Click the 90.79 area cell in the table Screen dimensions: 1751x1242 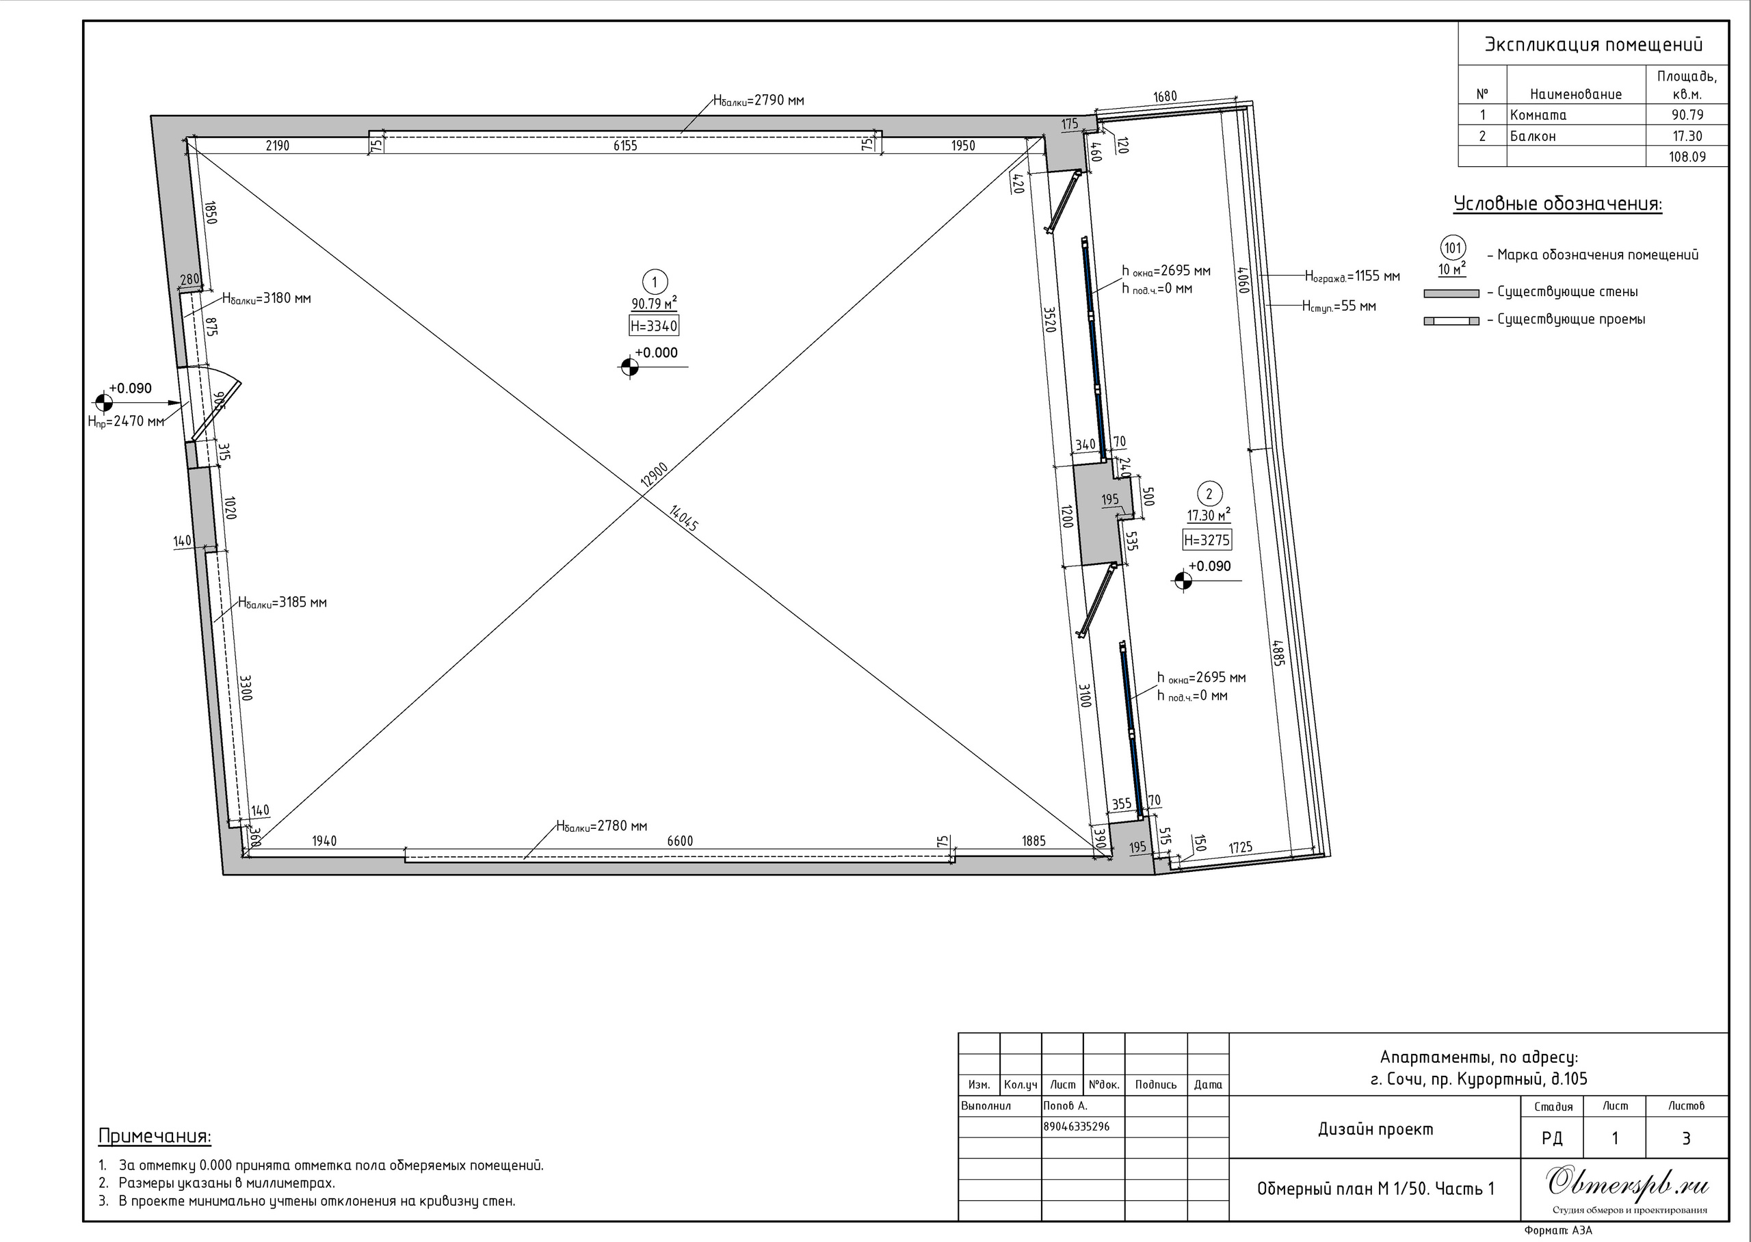(x=1687, y=116)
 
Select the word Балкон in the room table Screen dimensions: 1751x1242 (x=1532, y=136)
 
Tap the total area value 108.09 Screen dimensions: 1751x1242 (x=1686, y=157)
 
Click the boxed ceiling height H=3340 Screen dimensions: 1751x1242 (x=654, y=326)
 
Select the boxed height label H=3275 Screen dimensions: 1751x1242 (x=1207, y=540)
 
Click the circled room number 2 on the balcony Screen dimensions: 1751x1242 (x=1209, y=493)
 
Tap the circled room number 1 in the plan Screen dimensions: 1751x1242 (x=655, y=282)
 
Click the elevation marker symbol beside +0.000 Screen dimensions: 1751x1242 (x=629, y=367)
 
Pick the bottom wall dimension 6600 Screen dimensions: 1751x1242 (x=680, y=841)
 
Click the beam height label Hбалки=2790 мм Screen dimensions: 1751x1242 (x=759, y=100)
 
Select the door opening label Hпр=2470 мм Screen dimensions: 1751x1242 (x=126, y=421)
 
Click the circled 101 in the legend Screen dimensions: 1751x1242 (x=1453, y=248)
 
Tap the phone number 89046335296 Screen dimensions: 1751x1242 (x=1077, y=1126)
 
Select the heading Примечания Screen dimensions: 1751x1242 (x=155, y=1137)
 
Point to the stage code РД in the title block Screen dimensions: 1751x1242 (x=1552, y=1139)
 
